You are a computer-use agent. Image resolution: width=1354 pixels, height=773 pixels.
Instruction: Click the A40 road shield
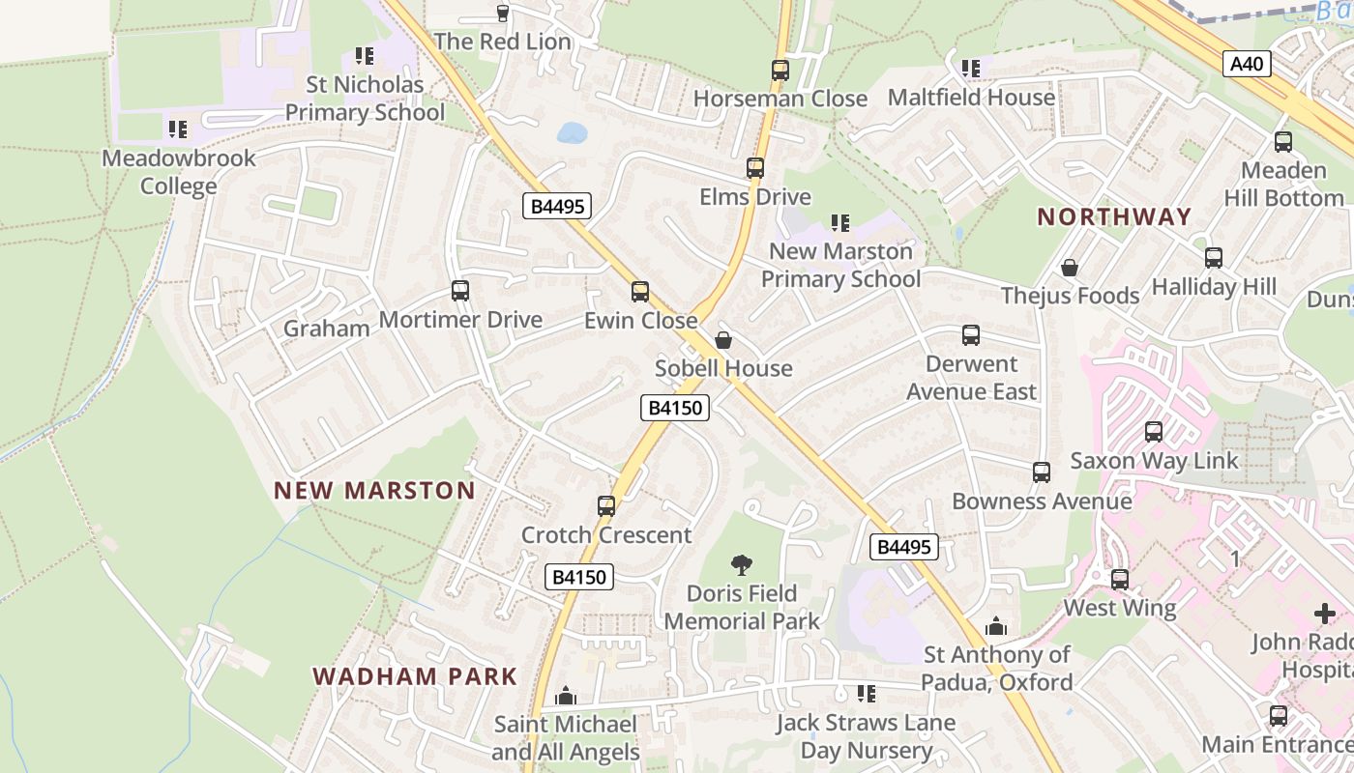tap(1247, 65)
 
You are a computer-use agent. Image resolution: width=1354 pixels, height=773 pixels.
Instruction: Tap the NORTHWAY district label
tap(1114, 216)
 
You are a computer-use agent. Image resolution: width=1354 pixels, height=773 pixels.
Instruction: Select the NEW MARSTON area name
tap(374, 490)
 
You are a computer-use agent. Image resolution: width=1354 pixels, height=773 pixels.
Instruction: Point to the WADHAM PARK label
tap(415, 675)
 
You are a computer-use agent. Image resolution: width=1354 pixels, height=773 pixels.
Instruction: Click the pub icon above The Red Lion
tap(502, 13)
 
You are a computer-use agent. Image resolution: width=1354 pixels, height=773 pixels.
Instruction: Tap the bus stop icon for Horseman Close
tap(780, 70)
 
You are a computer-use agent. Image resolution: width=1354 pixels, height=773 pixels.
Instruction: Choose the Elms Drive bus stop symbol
tap(755, 167)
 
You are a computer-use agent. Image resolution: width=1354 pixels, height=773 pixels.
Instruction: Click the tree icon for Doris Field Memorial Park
tap(742, 564)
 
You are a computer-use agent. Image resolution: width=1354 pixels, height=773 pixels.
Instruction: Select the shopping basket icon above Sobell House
tap(722, 340)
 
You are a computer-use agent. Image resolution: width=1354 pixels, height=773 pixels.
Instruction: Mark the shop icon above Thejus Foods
tap(1070, 267)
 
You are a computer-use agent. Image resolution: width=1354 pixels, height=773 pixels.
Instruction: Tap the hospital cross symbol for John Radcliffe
tap(1324, 614)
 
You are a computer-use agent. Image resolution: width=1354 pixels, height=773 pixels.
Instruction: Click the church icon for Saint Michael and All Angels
tap(566, 696)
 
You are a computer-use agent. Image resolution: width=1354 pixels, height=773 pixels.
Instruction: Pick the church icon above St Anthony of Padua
tap(995, 626)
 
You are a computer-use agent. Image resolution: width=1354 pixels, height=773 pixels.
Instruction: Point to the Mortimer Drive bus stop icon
tap(460, 290)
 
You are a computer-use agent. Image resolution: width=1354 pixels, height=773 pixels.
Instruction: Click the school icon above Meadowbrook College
tap(178, 129)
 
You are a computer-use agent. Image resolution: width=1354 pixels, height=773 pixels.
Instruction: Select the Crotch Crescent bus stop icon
tap(606, 505)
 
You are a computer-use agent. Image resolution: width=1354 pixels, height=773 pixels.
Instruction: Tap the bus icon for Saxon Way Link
tap(1154, 431)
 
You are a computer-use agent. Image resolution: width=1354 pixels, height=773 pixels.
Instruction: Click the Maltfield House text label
tap(971, 98)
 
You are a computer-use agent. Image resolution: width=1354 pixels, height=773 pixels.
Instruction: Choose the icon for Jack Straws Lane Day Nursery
tap(867, 693)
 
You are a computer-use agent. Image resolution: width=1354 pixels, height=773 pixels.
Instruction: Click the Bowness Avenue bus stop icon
tap(1042, 472)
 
